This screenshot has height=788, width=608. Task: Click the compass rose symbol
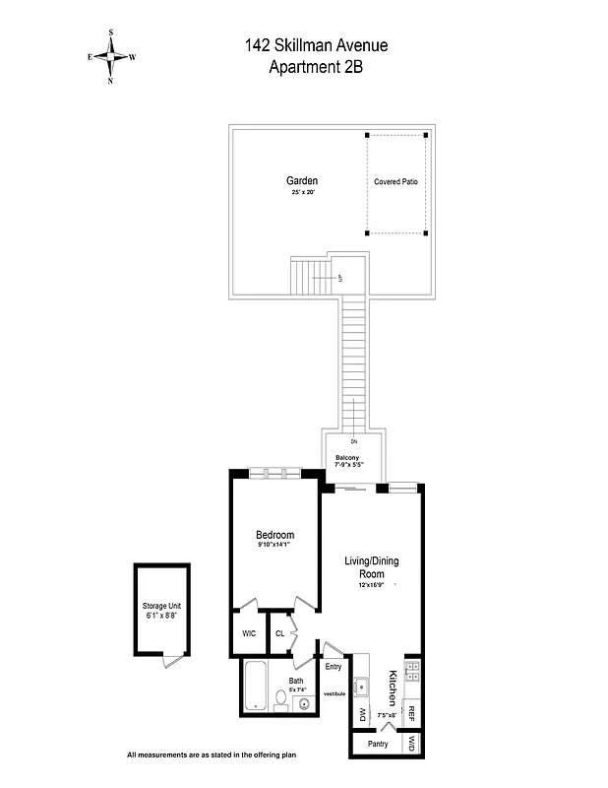click(111, 57)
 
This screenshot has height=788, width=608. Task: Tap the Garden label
click(302, 181)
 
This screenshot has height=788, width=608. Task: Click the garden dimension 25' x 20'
click(302, 194)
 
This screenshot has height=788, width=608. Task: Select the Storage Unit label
click(161, 606)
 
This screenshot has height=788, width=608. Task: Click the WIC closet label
click(249, 633)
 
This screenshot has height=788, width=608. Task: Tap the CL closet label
click(279, 633)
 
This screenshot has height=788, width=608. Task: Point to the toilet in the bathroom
click(280, 700)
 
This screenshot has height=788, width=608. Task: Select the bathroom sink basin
click(304, 703)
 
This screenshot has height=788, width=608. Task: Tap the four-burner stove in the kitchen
click(412, 673)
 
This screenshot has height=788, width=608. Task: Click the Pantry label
click(377, 744)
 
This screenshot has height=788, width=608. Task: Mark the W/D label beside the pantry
click(413, 744)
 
